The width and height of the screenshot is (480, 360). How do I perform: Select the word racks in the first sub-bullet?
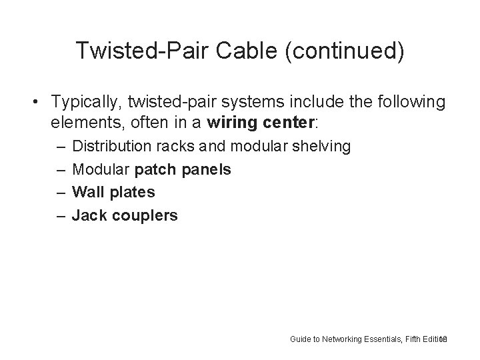click(175, 146)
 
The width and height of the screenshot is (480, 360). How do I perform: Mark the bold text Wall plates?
click(113, 192)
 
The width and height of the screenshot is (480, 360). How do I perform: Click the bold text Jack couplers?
click(125, 215)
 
